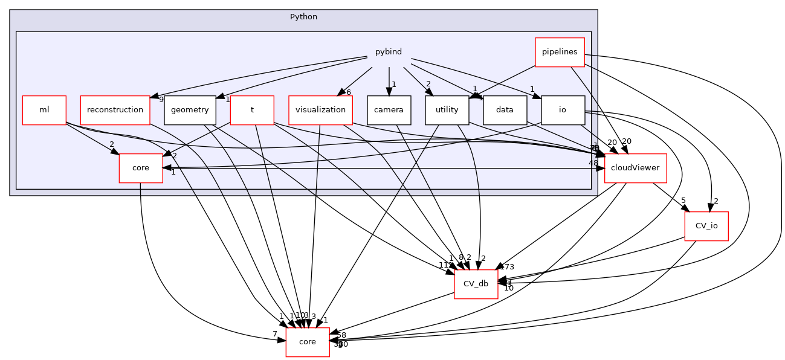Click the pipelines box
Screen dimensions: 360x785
point(560,52)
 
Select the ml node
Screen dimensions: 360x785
point(44,110)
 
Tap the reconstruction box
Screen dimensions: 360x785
point(115,110)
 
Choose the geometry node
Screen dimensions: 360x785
point(190,110)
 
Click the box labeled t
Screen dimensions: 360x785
point(251,110)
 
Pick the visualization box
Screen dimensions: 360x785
point(321,110)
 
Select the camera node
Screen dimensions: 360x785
point(389,110)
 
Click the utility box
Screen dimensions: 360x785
point(447,110)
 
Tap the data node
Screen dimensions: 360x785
point(505,110)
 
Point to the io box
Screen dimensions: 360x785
point(563,110)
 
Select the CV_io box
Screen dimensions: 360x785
point(706,226)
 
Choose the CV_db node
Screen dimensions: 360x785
point(476,284)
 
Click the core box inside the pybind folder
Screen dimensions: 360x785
point(141,168)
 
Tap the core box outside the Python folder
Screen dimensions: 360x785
point(307,342)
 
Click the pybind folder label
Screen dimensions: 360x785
point(389,52)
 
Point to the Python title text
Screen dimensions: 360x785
point(303,16)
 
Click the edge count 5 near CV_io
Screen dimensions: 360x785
point(683,201)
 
